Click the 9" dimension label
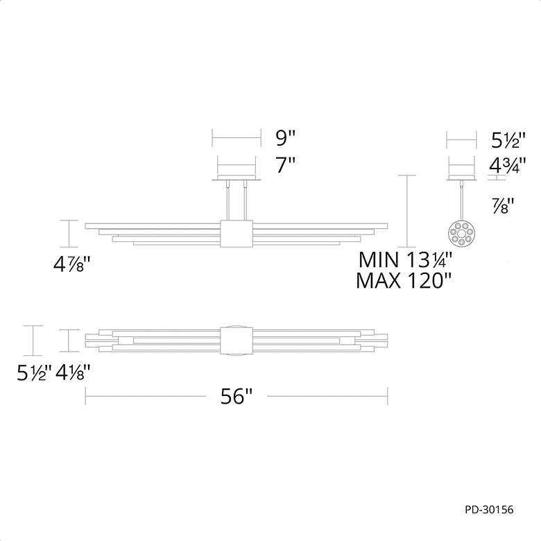click(x=285, y=138)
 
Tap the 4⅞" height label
click(x=71, y=265)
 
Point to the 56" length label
click(x=237, y=396)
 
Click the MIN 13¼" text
click(x=406, y=259)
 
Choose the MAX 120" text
click(x=404, y=280)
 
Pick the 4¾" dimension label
click(x=508, y=166)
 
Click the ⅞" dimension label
click(x=503, y=205)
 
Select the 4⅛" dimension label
click(x=73, y=372)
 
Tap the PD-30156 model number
click(x=489, y=510)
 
